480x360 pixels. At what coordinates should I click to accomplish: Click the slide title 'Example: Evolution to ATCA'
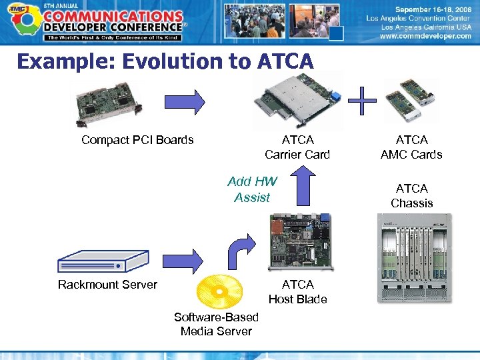165,61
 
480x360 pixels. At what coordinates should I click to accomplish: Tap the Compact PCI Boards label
137,140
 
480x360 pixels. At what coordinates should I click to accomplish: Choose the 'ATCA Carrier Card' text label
297,147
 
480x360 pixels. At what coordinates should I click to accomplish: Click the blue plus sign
361,101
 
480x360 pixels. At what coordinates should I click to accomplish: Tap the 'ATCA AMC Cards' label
411,147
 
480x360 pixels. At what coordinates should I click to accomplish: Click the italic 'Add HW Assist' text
252,189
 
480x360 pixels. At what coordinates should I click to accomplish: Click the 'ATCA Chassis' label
411,196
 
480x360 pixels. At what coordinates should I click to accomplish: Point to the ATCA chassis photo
414,257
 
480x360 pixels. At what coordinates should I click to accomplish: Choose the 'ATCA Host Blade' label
297,292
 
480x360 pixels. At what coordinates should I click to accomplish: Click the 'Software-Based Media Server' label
216,324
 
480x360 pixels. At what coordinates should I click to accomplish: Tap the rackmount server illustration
103,261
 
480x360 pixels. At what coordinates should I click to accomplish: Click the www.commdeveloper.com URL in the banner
425,37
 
